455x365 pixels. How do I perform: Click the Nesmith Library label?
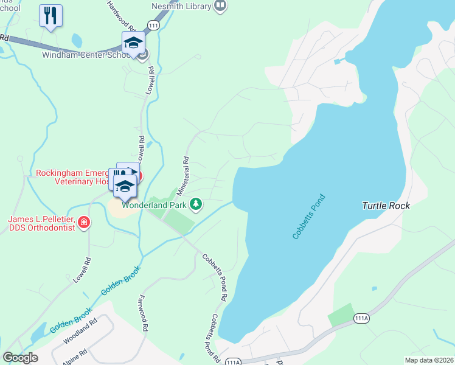pyautogui.click(x=181, y=7)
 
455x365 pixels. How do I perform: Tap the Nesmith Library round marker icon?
pyautogui.click(x=220, y=7)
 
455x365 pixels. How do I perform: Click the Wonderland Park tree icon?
pyautogui.click(x=196, y=204)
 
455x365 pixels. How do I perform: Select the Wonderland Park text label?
pyautogui.click(x=154, y=205)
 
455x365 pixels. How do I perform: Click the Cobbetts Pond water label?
pyautogui.click(x=309, y=217)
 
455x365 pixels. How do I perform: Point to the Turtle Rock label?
pyautogui.click(x=386, y=206)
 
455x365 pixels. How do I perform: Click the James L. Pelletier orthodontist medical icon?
pyautogui.click(x=83, y=223)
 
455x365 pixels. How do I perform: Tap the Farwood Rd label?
pyautogui.click(x=144, y=313)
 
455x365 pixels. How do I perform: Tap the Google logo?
pyautogui.click(x=19, y=357)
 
